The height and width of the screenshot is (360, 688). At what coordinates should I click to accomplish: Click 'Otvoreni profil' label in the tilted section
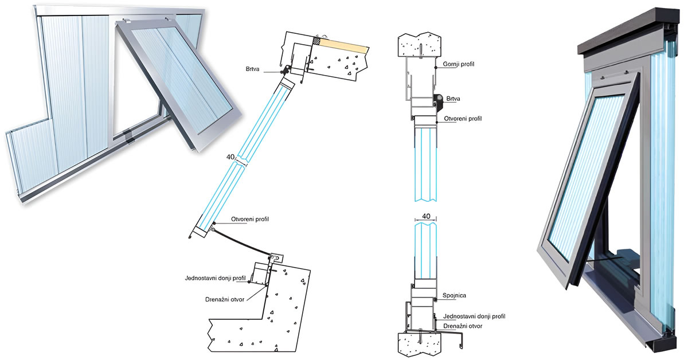click(250, 220)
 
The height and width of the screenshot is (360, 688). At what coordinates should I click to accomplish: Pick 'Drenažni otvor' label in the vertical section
click(463, 326)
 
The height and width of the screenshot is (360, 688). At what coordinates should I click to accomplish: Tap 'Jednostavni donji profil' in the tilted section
click(216, 278)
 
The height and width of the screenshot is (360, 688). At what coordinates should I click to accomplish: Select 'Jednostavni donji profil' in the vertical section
click(473, 316)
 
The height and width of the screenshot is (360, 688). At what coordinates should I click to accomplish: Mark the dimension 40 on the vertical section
click(426, 216)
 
